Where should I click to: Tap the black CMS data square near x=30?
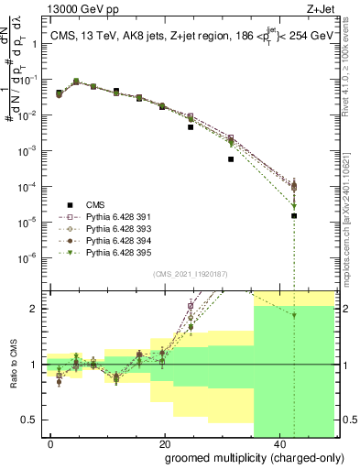pyautogui.click(x=231, y=158)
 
